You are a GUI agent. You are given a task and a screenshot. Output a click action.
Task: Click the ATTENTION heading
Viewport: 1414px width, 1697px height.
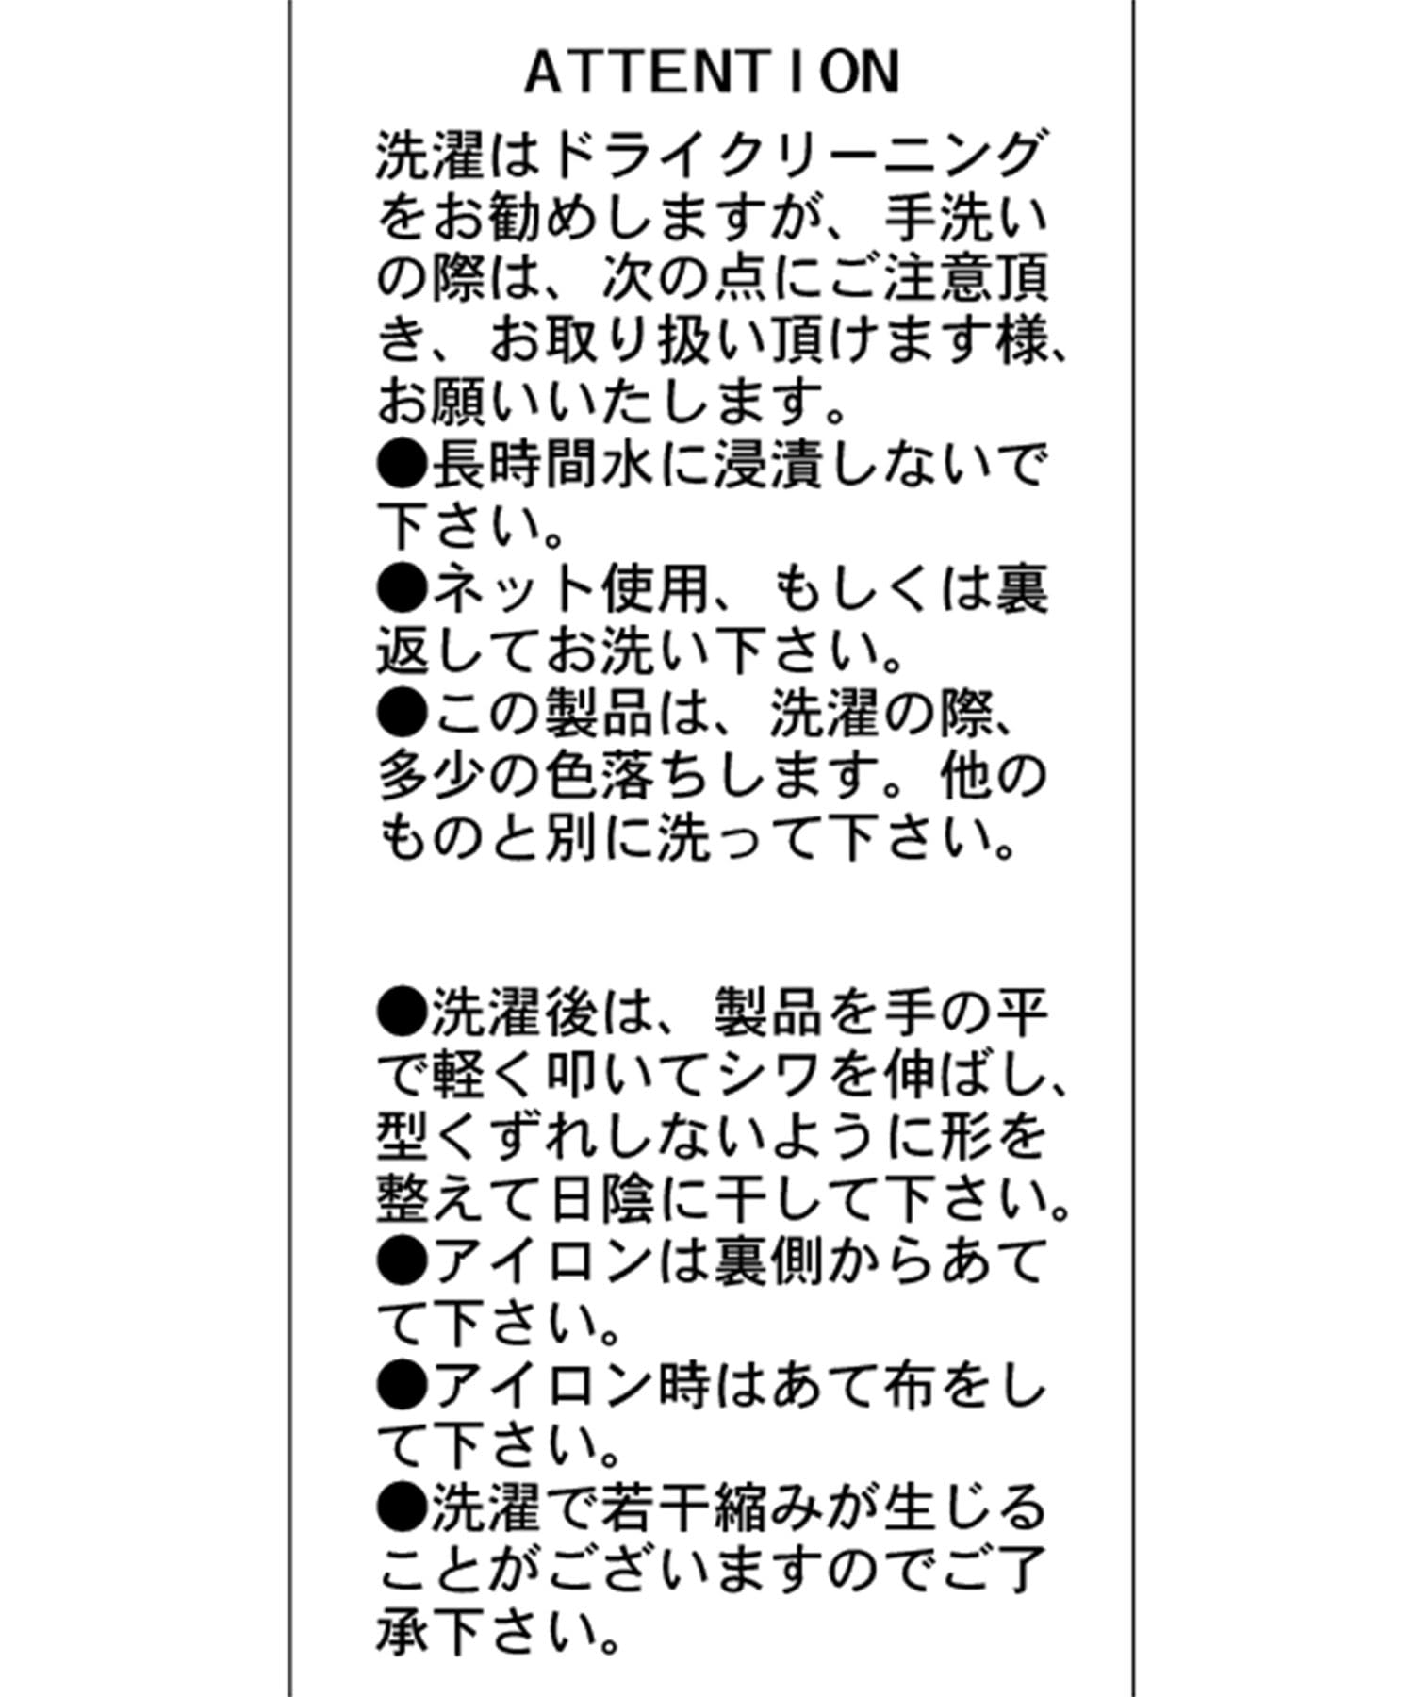(713, 73)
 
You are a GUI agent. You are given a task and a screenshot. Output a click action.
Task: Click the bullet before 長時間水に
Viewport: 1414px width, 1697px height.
(403, 465)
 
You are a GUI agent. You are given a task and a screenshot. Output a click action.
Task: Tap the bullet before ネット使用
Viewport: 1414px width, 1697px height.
(403, 589)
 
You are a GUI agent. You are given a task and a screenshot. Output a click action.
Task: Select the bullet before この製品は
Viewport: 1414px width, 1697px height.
(403, 714)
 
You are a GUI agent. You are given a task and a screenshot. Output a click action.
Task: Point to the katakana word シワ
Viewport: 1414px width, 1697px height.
(766, 1074)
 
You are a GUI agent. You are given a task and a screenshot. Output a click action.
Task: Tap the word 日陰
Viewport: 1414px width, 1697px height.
(601, 1198)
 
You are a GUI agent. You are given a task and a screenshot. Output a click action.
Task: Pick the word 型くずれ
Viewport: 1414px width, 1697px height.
(490, 1136)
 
